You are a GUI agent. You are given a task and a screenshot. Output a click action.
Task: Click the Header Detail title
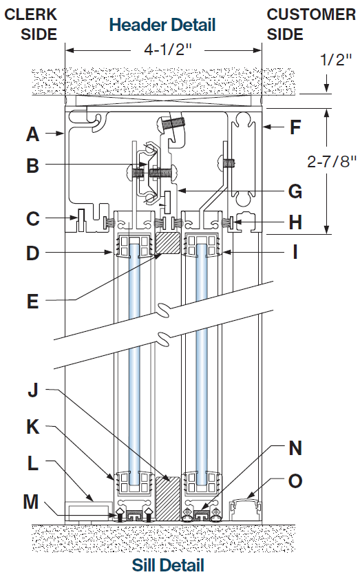162,25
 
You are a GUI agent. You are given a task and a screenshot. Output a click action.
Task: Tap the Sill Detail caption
168,565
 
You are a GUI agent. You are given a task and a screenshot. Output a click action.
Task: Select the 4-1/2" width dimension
169,50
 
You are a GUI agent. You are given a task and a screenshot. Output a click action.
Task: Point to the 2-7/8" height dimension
332,161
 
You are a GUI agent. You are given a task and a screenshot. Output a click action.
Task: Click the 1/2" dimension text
336,59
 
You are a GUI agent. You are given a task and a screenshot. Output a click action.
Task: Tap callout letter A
32,134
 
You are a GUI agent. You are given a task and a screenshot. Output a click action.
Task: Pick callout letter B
32,165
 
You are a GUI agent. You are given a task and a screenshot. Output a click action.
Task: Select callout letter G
295,191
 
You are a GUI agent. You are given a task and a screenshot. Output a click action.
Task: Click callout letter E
32,302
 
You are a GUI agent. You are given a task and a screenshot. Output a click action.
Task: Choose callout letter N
295,448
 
